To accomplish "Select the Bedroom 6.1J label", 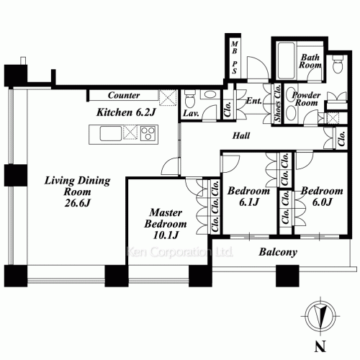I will (x=248, y=198).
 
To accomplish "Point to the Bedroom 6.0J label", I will (x=321, y=197).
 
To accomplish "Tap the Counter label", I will (x=123, y=95).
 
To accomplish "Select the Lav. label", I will (x=191, y=114).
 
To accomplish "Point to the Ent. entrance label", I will (x=253, y=102).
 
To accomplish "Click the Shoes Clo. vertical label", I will (x=277, y=107).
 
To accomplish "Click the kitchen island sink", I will (x=109, y=134).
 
